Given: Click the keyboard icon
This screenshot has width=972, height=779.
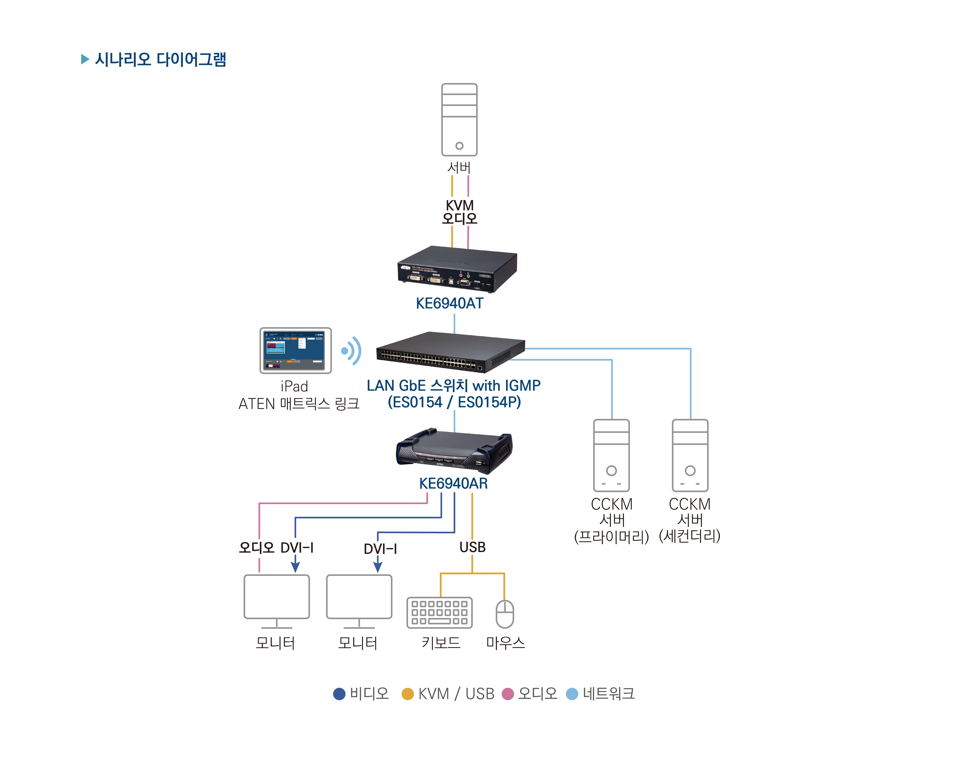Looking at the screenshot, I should click(x=440, y=613).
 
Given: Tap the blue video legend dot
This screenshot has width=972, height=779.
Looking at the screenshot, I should click(x=339, y=694).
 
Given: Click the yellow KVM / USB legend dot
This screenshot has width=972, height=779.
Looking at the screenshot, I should click(x=408, y=694).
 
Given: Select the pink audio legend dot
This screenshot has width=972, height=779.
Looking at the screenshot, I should click(x=508, y=694).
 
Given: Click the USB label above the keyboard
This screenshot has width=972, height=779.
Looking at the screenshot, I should click(x=472, y=547).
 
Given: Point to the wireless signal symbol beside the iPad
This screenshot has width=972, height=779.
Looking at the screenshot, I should click(x=352, y=350).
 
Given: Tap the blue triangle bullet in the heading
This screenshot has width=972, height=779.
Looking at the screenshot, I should click(x=85, y=59).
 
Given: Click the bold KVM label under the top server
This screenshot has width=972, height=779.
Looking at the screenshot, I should click(x=459, y=205).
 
